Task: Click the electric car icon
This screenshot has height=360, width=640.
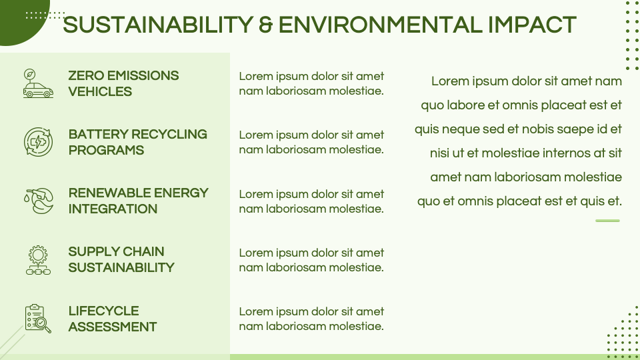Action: [x=38, y=84]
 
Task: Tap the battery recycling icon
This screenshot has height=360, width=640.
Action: [x=38, y=142]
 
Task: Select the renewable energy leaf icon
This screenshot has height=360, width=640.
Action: [x=38, y=201]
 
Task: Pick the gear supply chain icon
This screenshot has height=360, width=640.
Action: [x=38, y=260]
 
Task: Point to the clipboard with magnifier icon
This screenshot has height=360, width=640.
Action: [x=38, y=319]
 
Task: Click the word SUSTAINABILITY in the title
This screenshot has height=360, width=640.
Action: [x=157, y=25]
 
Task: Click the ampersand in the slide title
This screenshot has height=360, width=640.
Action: [x=265, y=25]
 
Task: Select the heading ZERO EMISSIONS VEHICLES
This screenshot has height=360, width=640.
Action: [x=123, y=84]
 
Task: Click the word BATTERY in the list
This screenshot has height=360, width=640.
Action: [x=97, y=135]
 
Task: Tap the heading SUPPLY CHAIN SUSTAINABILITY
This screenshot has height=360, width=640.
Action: [x=121, y=259]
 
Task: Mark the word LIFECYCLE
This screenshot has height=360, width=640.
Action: [x=103, y=311]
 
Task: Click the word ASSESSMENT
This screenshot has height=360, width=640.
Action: [x=112, y=327]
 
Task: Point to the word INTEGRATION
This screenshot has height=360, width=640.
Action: [x=113, y=209]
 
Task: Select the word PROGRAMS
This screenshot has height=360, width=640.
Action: [x=106, y=151]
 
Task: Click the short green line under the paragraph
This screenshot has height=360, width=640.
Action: [x=607, y=221]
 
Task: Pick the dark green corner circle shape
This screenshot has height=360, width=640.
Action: [x=20, y=20]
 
